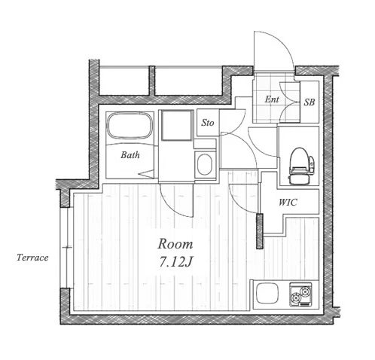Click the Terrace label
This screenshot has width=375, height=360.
click(32, 258)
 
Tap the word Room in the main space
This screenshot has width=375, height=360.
click(175, 244)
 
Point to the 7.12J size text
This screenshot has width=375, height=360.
click(175, 262)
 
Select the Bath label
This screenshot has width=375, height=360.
click(130, 155)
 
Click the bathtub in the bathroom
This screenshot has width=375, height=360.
click(130, 126)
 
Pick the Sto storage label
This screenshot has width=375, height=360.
click(208, 123)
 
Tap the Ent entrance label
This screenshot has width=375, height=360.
click(272, 99)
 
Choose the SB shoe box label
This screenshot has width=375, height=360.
click(309, 102)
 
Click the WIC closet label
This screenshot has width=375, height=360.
click(288, 202)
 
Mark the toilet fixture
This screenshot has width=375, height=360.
click(300, 166)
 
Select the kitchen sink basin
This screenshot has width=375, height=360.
click(267, 293)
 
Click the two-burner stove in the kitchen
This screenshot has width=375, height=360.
click(300, 294)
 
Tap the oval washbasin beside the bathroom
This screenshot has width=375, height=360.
click(205, 164)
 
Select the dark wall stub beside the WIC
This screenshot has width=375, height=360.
click(260, 231)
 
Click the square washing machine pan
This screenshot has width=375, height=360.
click(177, 125)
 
